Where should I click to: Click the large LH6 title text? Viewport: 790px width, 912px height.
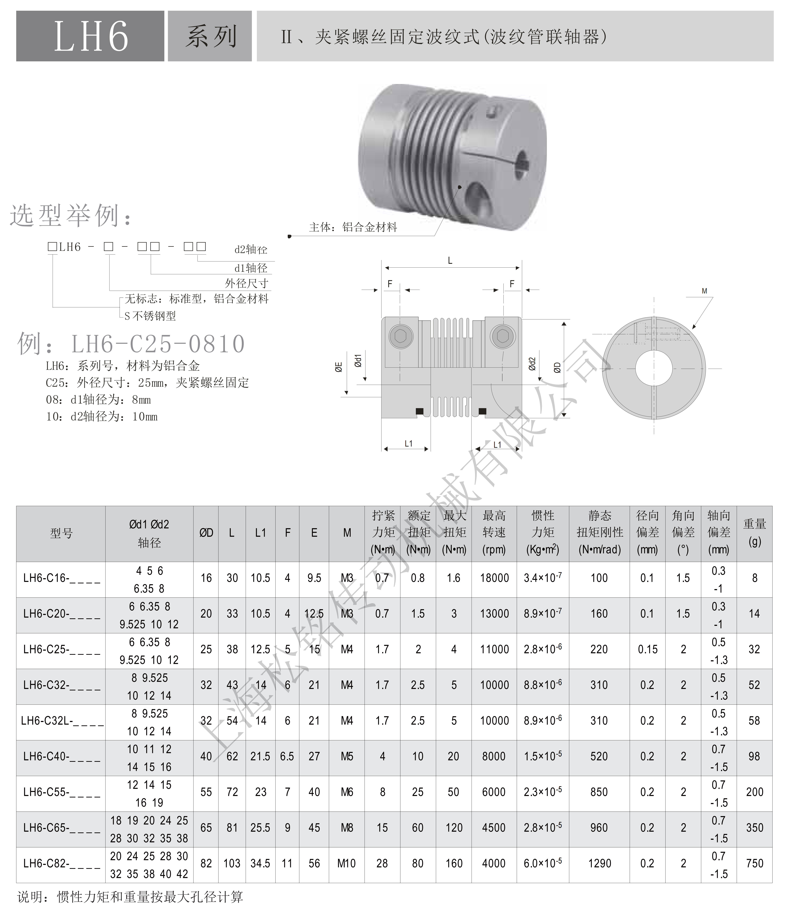point(91,36)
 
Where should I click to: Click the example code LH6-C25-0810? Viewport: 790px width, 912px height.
point(158,344)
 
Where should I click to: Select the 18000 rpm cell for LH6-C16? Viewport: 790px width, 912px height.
point(494,578)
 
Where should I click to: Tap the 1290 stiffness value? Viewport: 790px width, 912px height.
point(600,863)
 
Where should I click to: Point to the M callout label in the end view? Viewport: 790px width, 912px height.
point(704,291)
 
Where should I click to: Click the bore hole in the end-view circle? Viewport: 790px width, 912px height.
point(654,369)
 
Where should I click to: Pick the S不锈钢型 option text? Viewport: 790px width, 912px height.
point(150,316)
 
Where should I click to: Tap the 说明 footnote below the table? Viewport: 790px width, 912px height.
point(130,897)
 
